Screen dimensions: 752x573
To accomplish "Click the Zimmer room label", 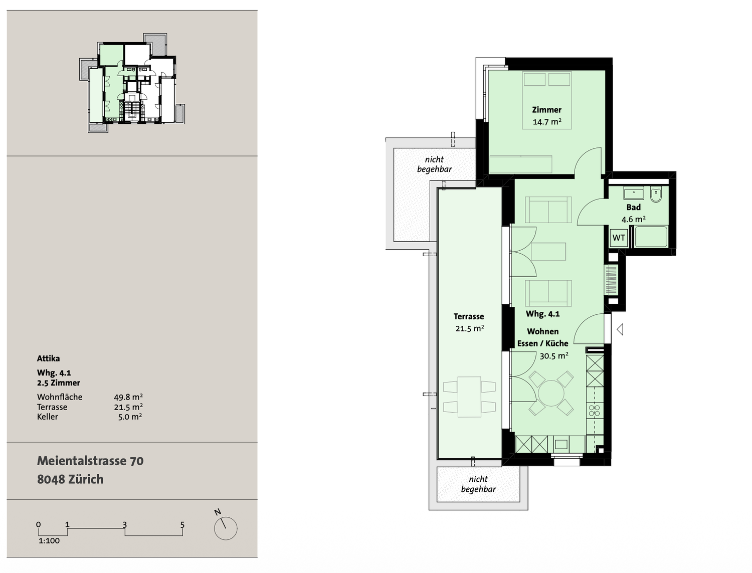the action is coord(546,110).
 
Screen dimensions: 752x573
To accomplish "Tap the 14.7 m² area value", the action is coord(547,122).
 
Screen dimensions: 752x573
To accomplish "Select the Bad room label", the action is coord(634,207).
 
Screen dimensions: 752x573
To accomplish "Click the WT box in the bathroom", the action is coord(618,237).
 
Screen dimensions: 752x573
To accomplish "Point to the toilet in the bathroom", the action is coord(655,195).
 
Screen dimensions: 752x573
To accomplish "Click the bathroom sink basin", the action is coord(634,194).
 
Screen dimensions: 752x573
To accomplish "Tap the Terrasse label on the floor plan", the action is coord(469,316).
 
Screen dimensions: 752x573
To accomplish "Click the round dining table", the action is coord(551,393).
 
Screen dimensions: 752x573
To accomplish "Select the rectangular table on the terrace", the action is coord(469,397).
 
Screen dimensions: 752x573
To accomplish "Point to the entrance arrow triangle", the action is coord(620,329).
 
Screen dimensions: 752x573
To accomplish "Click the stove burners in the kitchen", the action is coord(595,411).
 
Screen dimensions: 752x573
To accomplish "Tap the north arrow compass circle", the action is coord(226,528).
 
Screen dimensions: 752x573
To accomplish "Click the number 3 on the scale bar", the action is coord(125,525).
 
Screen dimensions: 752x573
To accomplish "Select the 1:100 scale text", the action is coord(49,541).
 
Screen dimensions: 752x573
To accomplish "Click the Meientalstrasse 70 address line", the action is coord(90,461).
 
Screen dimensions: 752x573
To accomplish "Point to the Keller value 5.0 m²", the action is coord(130,417).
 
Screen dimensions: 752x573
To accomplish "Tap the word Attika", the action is coord(48,358).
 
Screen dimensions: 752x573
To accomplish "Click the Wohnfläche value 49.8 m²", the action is coord(128,397).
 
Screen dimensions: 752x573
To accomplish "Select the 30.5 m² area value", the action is coord(554,356).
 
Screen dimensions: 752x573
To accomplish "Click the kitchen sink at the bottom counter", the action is coord(561,444).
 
